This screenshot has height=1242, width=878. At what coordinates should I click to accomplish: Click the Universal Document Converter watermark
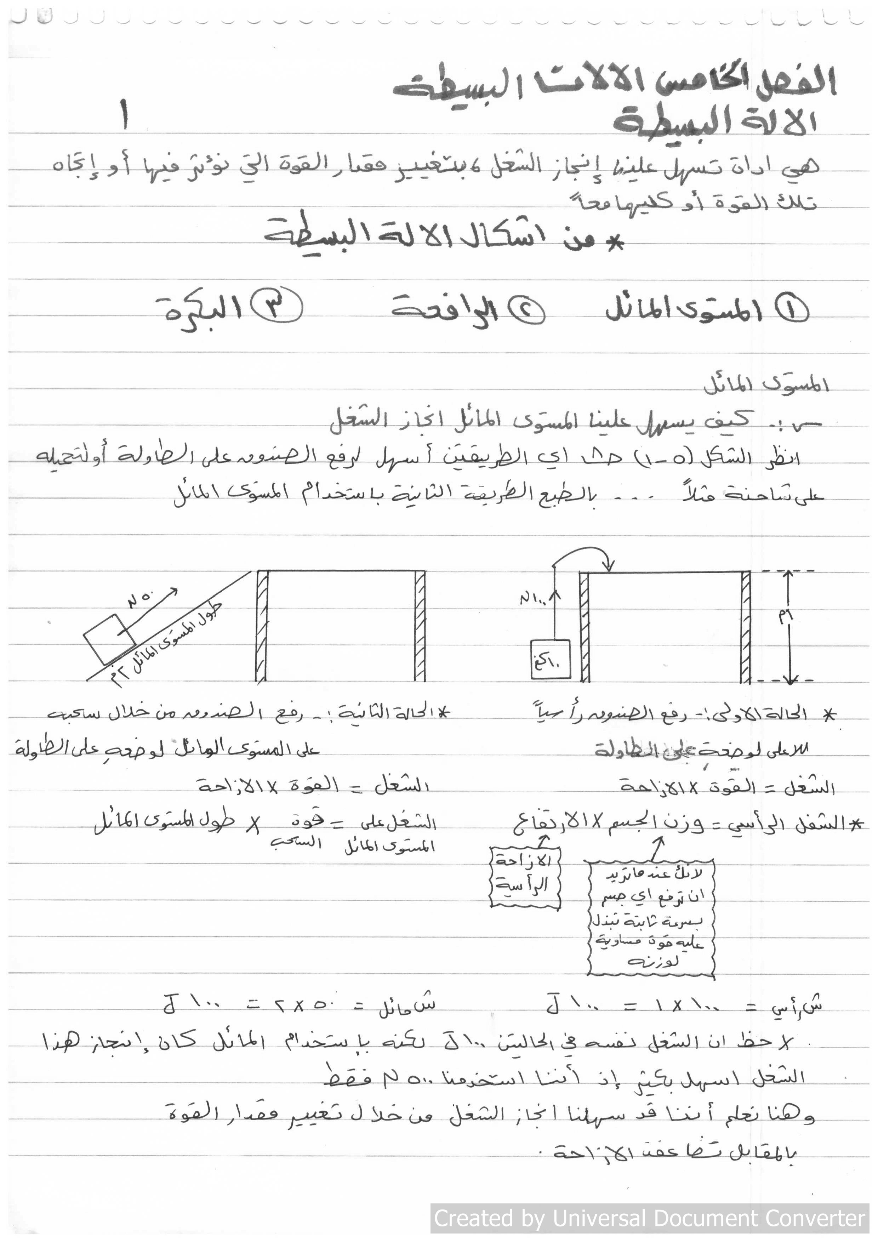(650, 1218)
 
